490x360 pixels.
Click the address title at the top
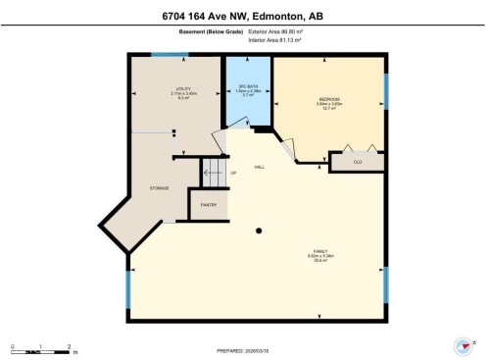click(x=245, y=14)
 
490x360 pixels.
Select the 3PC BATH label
click(x=247, y=86)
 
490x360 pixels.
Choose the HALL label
click(x=259, y=167)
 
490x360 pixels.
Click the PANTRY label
click(x=208, y=205)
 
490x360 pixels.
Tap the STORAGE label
click(x=160, y=187)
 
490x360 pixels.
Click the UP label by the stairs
click(x=233, y=174)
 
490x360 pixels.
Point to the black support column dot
click(x=259, y=231)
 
